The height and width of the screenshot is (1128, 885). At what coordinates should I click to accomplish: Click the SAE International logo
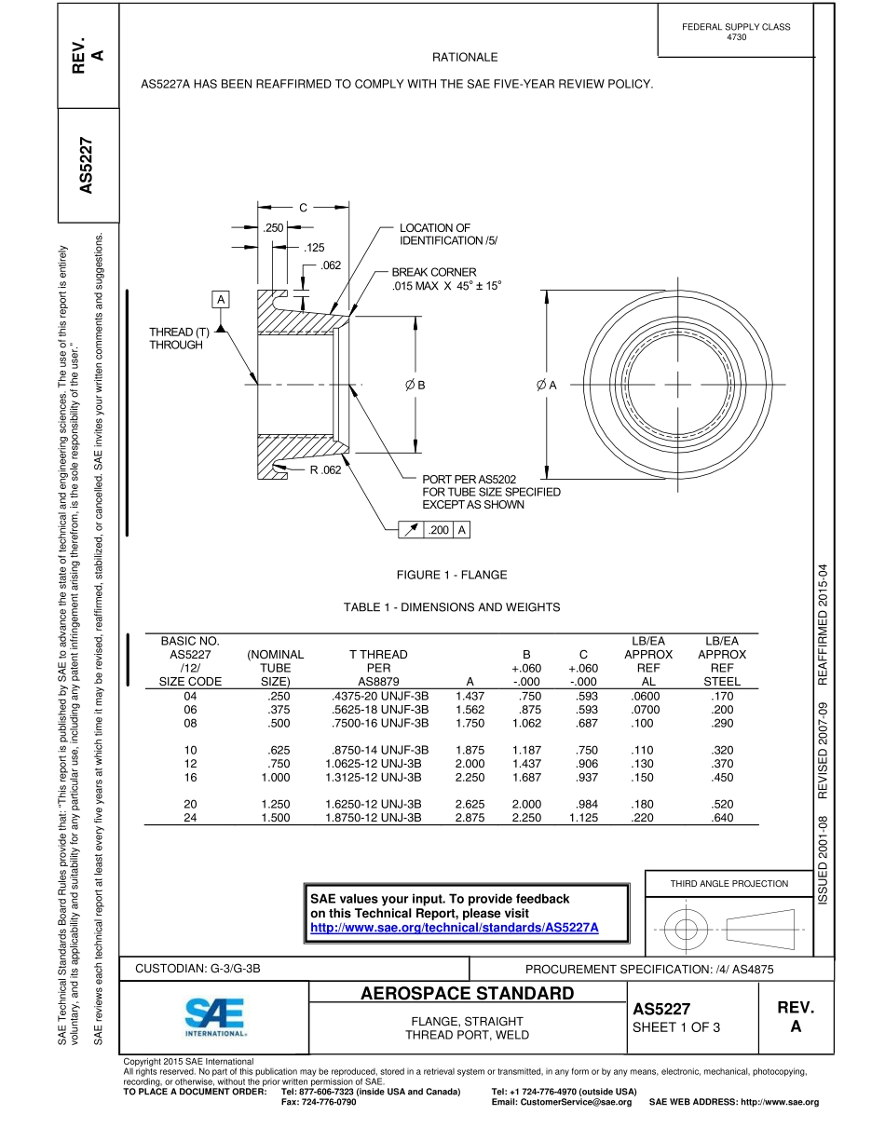215,1018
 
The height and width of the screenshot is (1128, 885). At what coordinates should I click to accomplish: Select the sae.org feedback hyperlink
454,928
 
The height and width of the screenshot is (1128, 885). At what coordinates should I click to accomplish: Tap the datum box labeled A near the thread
221,299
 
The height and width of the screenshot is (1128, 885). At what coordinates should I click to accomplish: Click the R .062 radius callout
325,469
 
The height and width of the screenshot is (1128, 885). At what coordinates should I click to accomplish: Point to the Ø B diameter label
415,385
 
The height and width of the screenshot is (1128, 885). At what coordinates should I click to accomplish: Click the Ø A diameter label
546,385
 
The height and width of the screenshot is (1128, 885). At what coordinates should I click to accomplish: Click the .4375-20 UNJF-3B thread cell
379,696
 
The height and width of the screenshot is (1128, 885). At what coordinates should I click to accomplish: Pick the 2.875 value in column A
470,818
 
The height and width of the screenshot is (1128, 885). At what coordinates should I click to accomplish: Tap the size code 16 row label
191,777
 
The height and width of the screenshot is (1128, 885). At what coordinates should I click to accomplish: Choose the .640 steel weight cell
721,818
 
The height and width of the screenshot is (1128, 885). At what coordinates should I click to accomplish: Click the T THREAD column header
377,655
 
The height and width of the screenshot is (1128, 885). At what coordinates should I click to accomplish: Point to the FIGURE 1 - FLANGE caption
452,575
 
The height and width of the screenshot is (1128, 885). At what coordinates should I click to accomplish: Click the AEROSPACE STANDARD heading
467,993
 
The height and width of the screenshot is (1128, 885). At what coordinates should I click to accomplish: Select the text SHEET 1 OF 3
676,1027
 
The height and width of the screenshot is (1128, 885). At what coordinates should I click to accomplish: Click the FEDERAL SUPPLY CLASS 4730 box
735,32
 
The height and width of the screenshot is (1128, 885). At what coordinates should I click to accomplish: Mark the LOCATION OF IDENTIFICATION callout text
448,235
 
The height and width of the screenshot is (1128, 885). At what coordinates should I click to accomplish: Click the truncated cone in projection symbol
761,929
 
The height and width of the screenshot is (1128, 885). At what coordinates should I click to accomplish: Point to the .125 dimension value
315,248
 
